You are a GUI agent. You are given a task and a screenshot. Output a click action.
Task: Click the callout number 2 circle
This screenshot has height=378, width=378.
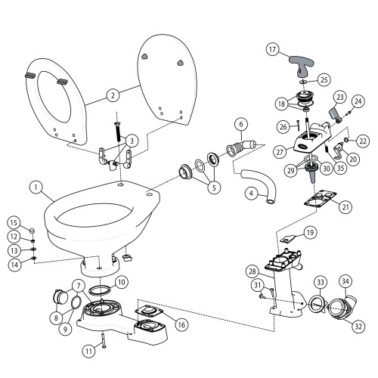[113, 96]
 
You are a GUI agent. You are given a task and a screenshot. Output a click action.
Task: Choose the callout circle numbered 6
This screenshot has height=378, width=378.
[240, 123]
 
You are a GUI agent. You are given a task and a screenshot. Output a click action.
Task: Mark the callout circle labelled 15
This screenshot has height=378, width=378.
[14, 222]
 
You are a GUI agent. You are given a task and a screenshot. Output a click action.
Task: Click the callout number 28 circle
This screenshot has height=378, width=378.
[252, 270]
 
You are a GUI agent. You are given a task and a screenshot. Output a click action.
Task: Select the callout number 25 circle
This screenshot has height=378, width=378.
[323, 79]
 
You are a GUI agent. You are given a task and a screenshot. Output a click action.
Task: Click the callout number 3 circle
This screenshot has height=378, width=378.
[132, 140]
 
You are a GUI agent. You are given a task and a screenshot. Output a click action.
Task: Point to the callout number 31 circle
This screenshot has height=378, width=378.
[259, 284]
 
